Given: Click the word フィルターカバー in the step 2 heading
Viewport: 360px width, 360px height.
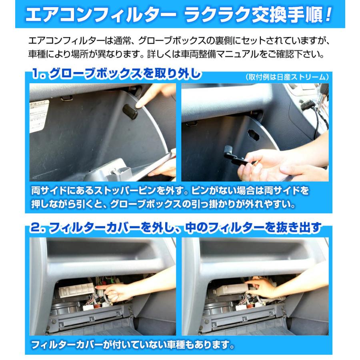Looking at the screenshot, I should [x=96, y=228].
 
